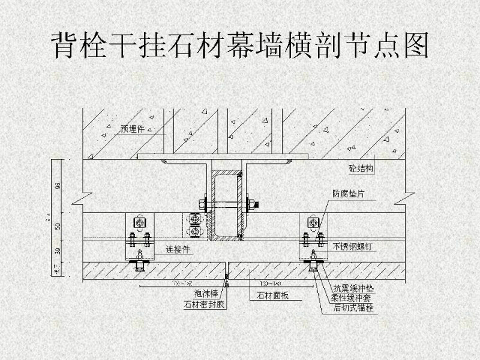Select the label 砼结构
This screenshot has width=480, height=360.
coord(361,169)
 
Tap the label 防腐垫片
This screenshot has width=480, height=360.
coord(348,194)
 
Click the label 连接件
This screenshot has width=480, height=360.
coord(178,250)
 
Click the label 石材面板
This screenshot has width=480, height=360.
coord(273,295)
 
